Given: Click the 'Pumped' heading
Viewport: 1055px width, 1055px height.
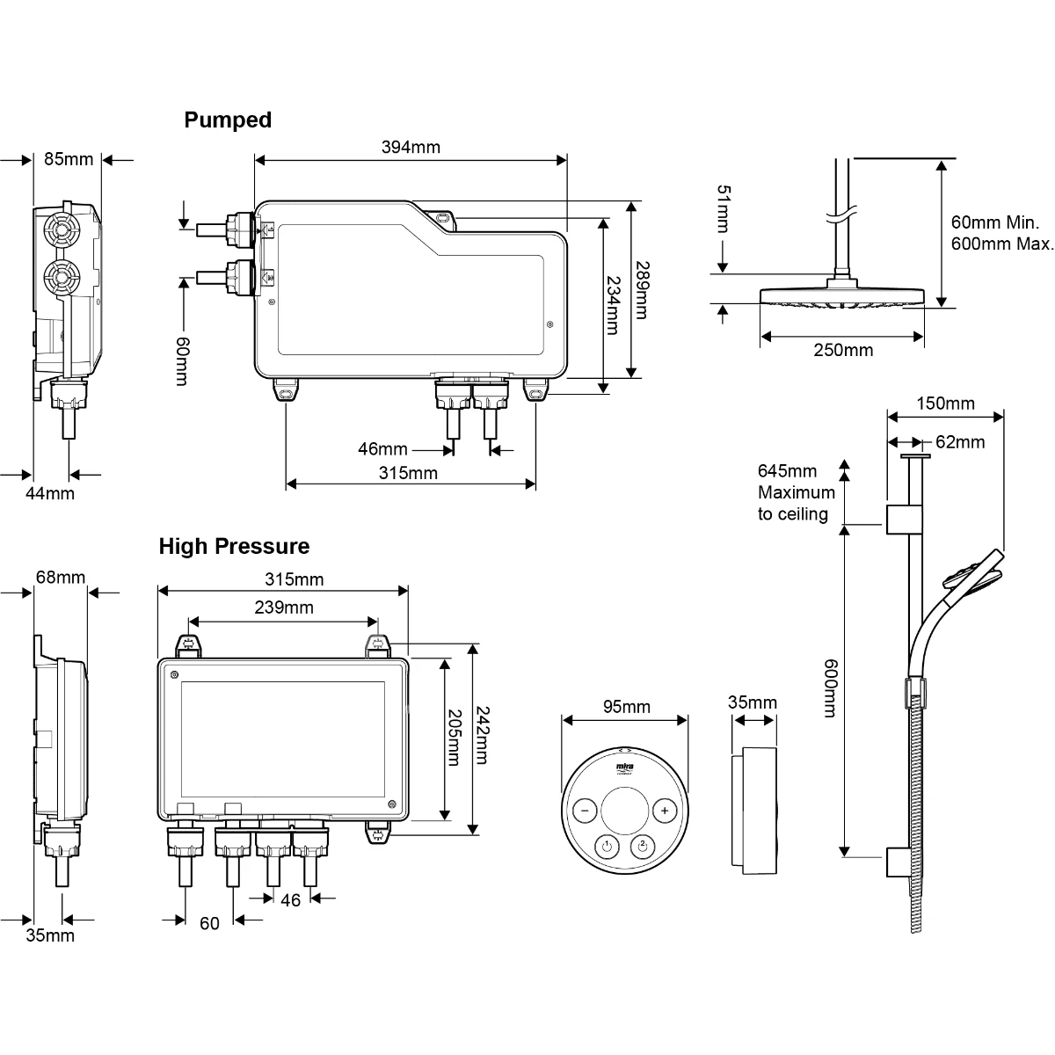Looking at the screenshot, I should point(228,120).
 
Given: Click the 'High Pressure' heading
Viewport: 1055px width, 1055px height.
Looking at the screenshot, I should point(234,547).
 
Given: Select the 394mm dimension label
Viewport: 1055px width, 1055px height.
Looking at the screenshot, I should point(411,147).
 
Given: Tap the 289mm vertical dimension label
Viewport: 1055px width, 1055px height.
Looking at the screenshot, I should point(642,289).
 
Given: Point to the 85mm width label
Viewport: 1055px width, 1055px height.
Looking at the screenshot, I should point(68,159).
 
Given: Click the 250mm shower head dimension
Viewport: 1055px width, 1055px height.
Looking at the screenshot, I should point(843,350).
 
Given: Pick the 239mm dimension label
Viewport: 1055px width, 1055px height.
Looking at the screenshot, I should point(284,607).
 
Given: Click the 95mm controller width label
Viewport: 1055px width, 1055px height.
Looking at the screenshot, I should point(626,707).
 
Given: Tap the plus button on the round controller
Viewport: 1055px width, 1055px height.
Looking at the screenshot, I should point(666,811).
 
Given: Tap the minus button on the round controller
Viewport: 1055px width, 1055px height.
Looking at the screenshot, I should point(585,811).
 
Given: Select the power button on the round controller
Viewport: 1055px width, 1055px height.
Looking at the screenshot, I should point(606,848).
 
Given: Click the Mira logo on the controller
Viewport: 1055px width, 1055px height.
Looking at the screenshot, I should point(625,770).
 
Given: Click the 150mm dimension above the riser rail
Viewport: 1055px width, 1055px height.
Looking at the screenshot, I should point(945,404).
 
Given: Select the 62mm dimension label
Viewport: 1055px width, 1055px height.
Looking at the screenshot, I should point(960,441).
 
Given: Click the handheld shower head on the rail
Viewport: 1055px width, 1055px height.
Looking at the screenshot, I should point(973,573).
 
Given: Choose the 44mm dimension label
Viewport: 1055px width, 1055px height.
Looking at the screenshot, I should point(49,493).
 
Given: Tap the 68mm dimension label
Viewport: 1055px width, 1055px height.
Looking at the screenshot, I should point(61,578).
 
